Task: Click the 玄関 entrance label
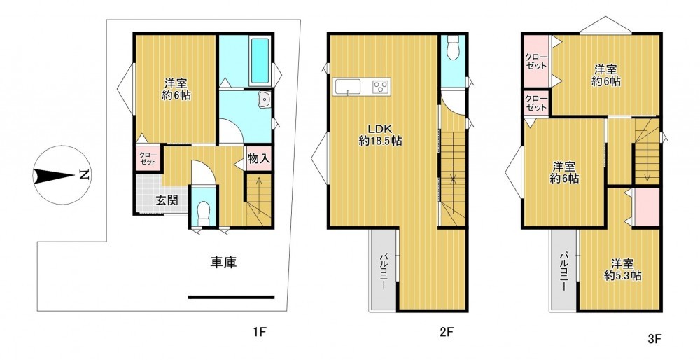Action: pyautogui.click(x=167, y=200)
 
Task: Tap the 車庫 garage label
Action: pyautogui.click(x=224, y=263)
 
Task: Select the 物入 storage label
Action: pyautogui.click(x=259, y=158)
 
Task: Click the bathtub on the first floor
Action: pyautogui.click(x=260, y=61)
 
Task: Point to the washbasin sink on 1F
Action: pyautogui.click(x=265, y=100)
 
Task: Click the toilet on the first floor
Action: pyautogui.click(x=204, y=214)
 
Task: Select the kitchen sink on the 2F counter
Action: pyautogui.click(x=348, y=86)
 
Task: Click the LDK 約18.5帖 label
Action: pyautogui.click(x=380, y=135)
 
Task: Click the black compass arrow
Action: pyautogui.click(x=53, y=176)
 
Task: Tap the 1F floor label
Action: pyautogui.click(x=260, y=332)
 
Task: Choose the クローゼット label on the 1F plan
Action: pyautogui.click(x=147, y=158)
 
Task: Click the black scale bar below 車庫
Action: pyautogui.click(x=231, y=297)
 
